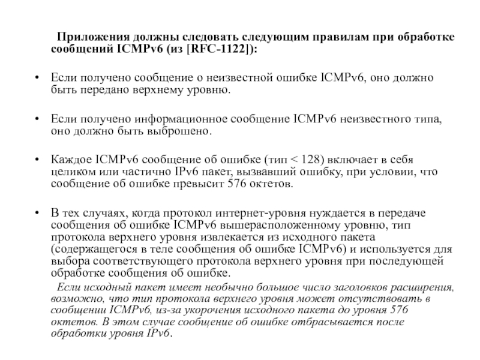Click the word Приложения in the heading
coord(88,37)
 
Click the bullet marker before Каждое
coord(39,159)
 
